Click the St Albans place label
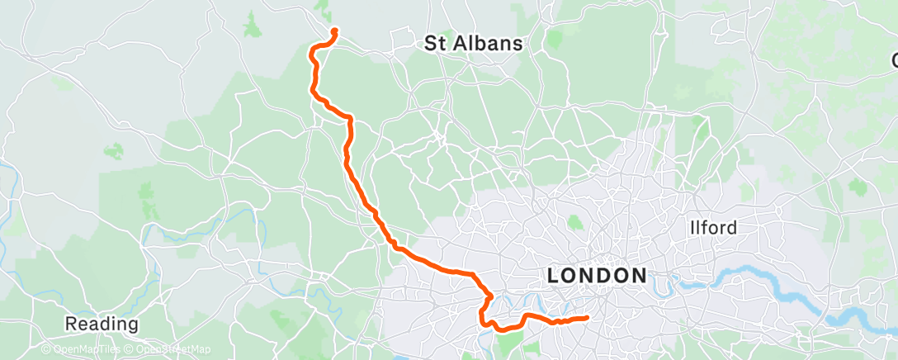click(x=474, y=45)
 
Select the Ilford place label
click(x=714, y=227)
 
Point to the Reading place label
click(x=102, y=323)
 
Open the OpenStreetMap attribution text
click(x=170, y=350)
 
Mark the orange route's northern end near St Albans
click(x=334, y=31)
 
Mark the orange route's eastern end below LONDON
click(x=587, y=317)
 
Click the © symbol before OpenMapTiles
click(x=46, y=350)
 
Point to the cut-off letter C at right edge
click(x=894, y=59)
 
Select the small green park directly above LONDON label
click(x=575, y=221)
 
